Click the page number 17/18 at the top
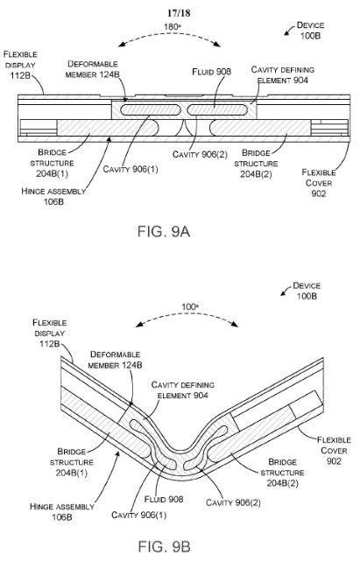(x=179, y=13)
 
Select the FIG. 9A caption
(x=164, y=232)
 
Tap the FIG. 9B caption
(x=164, y=546)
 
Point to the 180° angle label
(x=172, y=27)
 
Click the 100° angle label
(x=190, y=307)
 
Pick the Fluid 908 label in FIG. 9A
(x=212, y=72)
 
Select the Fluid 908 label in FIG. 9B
(x=164, y=499)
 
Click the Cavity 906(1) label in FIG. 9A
(x=131, y=169)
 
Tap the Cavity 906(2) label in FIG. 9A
(x=200, y=154)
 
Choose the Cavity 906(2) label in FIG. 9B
(x=233, y=502)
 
